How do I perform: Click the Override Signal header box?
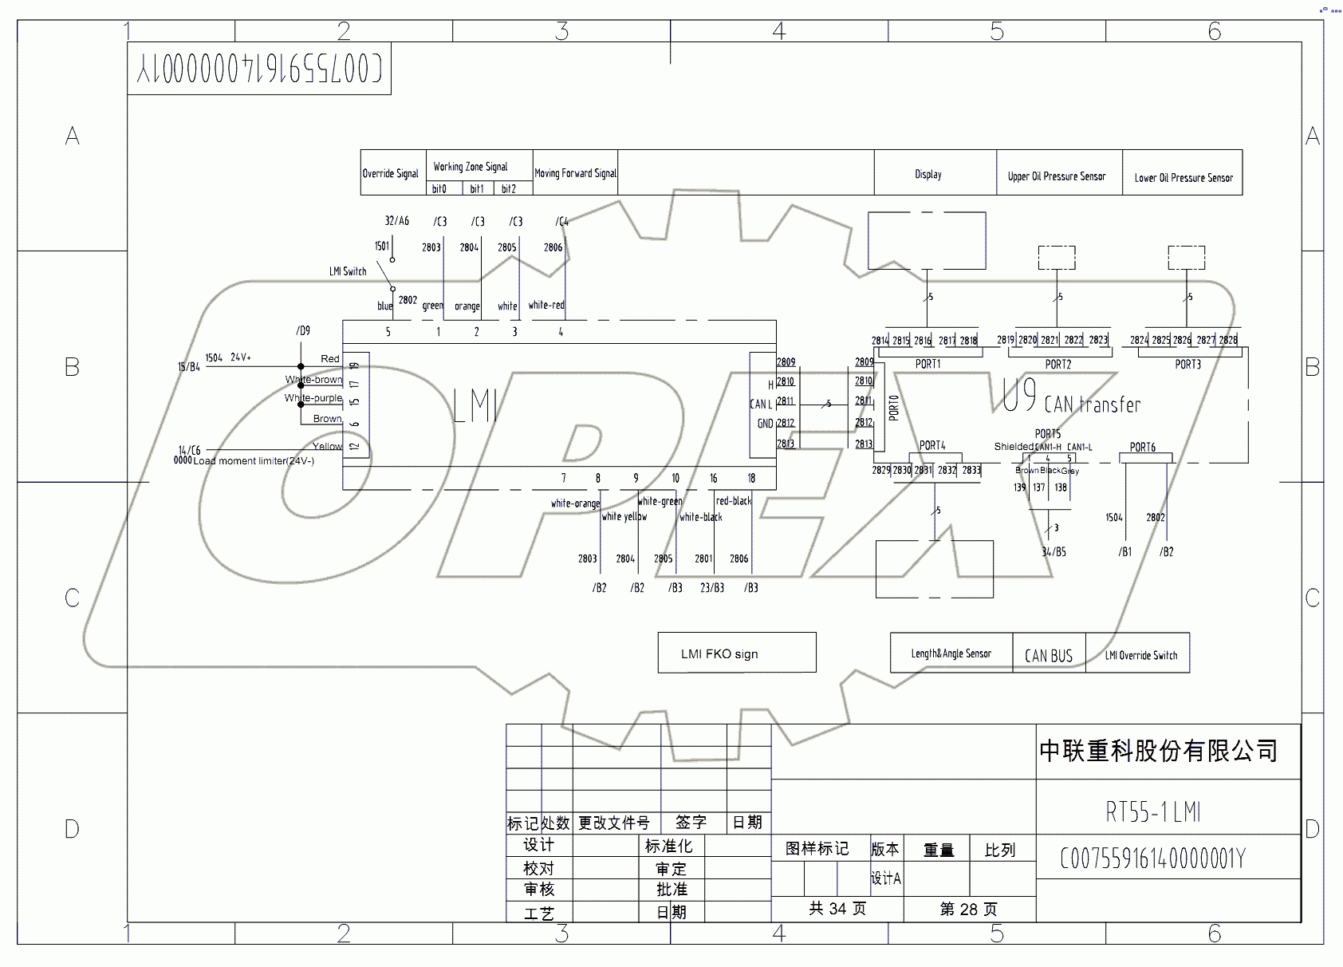[391, 173]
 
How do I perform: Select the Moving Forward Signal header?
[575, 173]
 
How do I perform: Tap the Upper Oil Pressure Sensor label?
[1057, 176]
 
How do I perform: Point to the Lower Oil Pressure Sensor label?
[1183, 178]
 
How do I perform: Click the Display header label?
[928, 174]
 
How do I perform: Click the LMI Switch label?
[348, 271]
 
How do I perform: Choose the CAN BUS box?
[1049, 655]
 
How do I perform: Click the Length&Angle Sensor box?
[951, 653]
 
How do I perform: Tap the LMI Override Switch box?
[1140, 655]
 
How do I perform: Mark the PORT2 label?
[1058, 365]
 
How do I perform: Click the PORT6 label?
[1142, 448]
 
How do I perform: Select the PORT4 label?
[932, 446]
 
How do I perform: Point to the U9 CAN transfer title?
[1071, 399]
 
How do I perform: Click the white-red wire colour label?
[546, 305]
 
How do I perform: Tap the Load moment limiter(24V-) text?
[254, 461]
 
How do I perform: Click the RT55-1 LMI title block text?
[1152, 812]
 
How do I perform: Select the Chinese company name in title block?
[1158, 751]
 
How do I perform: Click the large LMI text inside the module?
[475, 406]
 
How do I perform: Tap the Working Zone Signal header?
[471, 167]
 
